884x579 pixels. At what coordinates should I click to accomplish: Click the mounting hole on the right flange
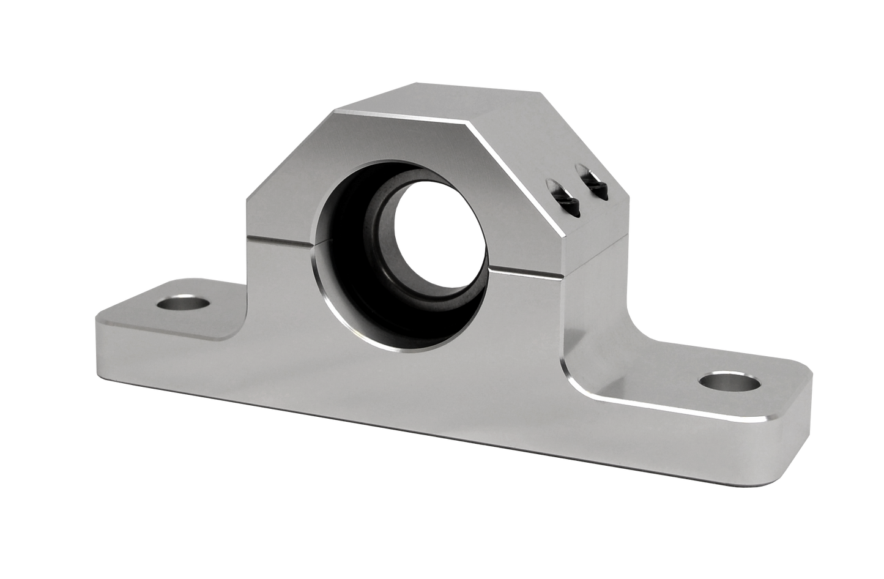(x=729, y=383)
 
